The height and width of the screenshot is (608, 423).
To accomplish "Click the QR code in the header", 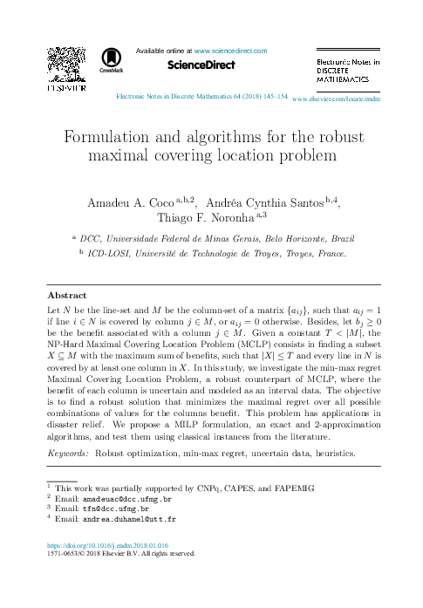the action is (x=66, y=58).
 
